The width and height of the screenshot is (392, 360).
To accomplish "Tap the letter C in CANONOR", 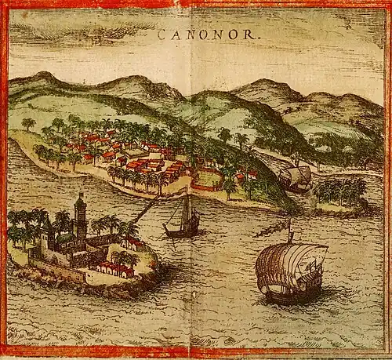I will pyautogui.click(x=162, y=35).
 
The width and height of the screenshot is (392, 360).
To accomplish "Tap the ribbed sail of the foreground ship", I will pyautogui.click(x=291, y=265).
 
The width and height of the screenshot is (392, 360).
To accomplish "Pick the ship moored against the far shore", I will pyautogui.click(x=296, y=177).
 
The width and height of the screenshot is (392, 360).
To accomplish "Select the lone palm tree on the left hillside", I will pyautogui.click(x=28, y=124).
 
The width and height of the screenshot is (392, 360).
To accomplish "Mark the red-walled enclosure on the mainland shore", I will pyautogui.click(x=207, y=180).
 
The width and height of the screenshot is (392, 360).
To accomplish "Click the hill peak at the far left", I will pyautogui.click(x=43, y=76).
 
